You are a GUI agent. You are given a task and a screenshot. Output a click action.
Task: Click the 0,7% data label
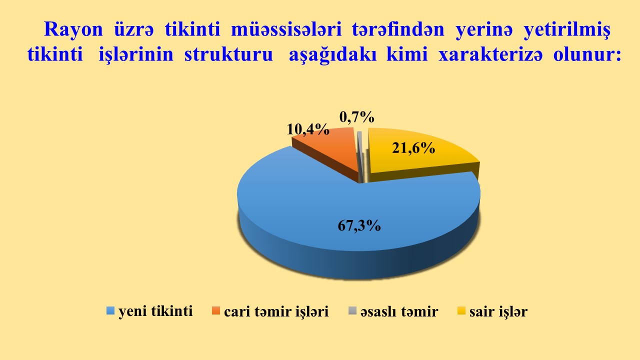[x=357, y=116]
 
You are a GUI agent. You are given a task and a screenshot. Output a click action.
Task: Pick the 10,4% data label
[x=308, y=129]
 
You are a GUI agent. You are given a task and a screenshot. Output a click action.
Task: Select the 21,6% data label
[x=413, y=147]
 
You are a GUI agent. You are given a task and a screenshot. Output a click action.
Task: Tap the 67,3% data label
[x=359, y=225]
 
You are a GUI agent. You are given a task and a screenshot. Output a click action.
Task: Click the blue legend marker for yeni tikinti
[x=110, y=311]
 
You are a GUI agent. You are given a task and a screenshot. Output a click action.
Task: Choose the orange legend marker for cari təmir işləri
[x=216, y=311]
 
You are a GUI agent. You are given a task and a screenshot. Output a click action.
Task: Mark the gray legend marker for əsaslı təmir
[x=352, y=311]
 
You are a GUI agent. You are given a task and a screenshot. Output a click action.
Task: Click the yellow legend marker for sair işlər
[x=461, y=311]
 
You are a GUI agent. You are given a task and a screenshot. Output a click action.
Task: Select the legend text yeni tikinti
[x=155, y=311]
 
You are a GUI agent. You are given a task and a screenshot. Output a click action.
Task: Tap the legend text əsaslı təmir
[x=399, y=311]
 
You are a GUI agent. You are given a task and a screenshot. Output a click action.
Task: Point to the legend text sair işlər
[x=498, y=311]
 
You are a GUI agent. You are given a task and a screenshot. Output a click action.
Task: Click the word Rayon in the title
[x=73, y=29]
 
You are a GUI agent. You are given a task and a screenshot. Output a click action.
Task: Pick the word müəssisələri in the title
[x=286, y=29]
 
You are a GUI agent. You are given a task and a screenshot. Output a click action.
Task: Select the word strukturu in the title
[x=228, y=54]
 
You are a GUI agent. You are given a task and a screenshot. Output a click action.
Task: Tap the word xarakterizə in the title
[x=490, y=54]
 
